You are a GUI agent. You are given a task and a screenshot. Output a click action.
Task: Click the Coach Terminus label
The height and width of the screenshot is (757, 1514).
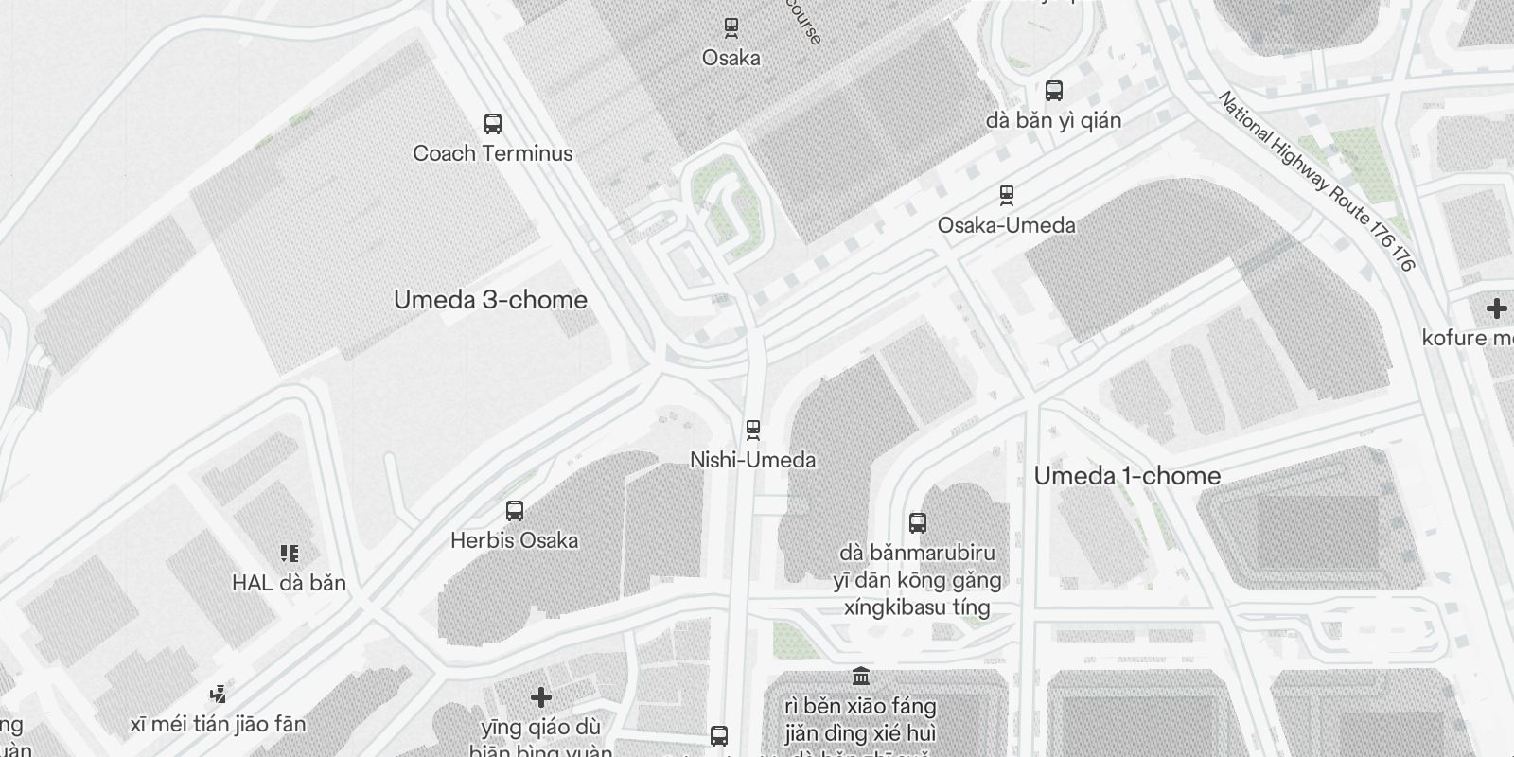click(x=492, y=153)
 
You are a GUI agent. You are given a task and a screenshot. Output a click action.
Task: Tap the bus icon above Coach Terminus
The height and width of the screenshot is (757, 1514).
click(x=492, y=124)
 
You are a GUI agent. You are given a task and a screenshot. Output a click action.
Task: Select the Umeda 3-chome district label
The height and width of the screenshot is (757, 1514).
click(x=490, y=300)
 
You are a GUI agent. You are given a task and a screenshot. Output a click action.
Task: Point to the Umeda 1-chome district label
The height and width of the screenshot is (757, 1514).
click(x=1127, y=476)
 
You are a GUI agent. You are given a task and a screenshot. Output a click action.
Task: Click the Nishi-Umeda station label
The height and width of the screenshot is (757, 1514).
click(x=752, y=460)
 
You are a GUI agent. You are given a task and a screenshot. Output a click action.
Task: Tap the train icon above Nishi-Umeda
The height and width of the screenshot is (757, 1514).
click(x=753, y=431)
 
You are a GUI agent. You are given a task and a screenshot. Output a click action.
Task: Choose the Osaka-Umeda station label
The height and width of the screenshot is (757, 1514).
click(x=1006, y=225)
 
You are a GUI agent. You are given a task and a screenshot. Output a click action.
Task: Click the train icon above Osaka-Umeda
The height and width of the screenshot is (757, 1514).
click(x=1007, y=196)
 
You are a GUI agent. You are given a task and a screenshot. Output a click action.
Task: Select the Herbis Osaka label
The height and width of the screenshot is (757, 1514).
click(x=514, y=540)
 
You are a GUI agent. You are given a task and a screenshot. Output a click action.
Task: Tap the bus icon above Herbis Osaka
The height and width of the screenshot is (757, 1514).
click(x=515, y=511)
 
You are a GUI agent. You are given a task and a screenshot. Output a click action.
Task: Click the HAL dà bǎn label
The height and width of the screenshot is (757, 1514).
click(x=289, y=583)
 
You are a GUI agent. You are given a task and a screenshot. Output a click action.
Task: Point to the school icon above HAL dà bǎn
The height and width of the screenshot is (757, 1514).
click(x=289, y=554)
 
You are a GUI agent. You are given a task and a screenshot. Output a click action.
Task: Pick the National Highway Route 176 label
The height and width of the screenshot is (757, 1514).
click(x=1316, y=181)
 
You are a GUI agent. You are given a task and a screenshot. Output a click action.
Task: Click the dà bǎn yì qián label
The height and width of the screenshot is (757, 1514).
click(x=1053, y=120)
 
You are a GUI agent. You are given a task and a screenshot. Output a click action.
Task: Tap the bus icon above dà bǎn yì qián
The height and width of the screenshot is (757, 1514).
click(x=1053, y=91)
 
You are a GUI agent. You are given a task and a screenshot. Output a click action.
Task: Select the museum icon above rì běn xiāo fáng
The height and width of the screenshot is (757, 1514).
click(x=861, y=677)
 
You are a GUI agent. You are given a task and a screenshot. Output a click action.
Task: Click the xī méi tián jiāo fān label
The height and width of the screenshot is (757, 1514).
click(x=219, y=725)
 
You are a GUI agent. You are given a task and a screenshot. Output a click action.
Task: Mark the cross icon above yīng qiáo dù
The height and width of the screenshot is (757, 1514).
click(x=540, y=698)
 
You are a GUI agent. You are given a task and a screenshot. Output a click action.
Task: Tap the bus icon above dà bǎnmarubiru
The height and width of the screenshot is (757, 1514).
click(x=917, y=522)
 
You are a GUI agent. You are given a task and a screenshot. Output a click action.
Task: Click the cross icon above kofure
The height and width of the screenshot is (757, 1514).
click(x=1496, y=308)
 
